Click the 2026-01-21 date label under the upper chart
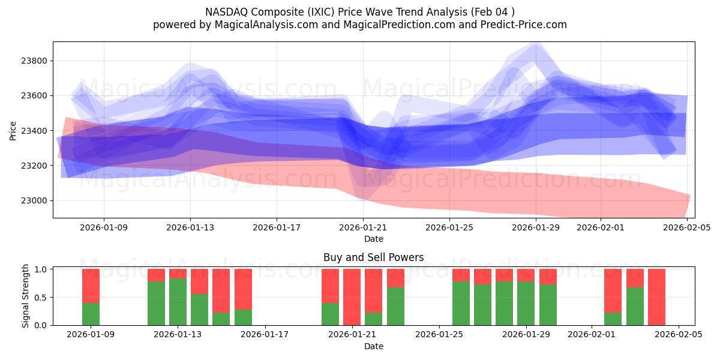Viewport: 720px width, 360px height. coord(363,227)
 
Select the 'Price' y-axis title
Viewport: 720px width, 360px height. coord(13,130)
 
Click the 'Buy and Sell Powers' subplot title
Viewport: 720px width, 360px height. coord(373,257)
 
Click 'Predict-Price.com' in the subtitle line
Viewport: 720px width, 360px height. coord(520,25)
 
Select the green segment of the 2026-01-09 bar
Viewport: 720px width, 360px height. coord(91,314)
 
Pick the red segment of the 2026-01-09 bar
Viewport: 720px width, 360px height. coord(91,286)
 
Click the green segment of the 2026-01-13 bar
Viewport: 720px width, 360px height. coord(178,302)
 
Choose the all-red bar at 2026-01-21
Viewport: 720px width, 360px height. coord(352,297)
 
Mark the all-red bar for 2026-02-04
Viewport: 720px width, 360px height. coord(656,297)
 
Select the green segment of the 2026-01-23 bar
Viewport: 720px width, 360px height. coord(395,306)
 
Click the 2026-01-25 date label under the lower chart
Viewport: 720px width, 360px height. coord(439,335)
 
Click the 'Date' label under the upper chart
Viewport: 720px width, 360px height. coord(373,239)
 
